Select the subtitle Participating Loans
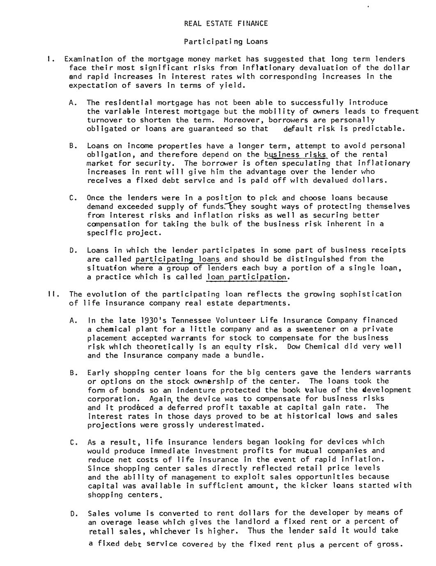226,41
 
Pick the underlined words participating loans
178,259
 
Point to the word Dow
294,347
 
